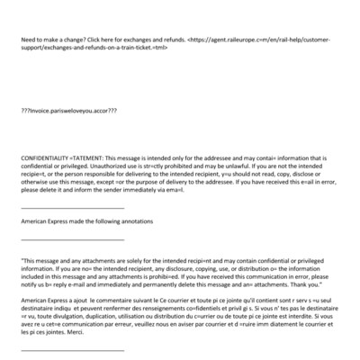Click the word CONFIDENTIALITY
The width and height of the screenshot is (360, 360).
point(43,157)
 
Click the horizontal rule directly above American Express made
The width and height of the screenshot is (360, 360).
point(72,208)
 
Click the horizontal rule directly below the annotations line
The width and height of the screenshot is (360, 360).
point(72,239)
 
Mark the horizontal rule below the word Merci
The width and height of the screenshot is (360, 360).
point(72,350)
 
